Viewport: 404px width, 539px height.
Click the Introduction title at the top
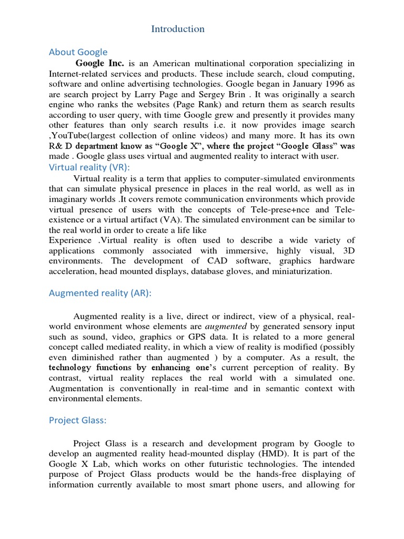point(178,29)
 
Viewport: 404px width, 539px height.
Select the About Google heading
point(78,52)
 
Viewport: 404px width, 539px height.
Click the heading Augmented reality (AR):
point(100,293)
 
